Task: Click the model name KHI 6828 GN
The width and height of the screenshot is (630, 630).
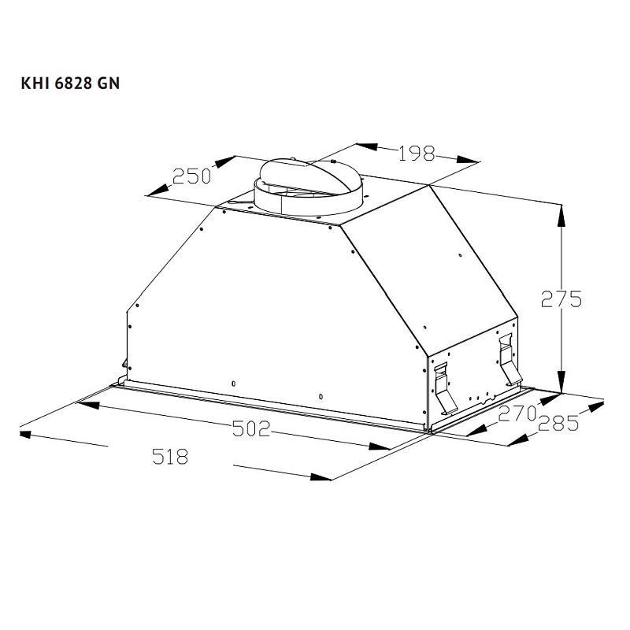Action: (x=70, y=83)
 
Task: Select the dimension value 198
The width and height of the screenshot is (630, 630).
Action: (x=417, y=154)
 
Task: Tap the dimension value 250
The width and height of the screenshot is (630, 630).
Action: (x=191, y=176)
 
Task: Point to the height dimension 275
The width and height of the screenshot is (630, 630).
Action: (x=561, y=299)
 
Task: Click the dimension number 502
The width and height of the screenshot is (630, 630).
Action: (x=251, y=428)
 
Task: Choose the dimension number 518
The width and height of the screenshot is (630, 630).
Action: (x=170, y=457)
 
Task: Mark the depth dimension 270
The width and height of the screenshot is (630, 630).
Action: (x=517, y=413)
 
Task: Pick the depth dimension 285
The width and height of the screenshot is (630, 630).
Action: (x=558, y=423)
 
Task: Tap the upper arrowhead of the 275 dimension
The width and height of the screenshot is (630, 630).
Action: (x=561, y=215)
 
